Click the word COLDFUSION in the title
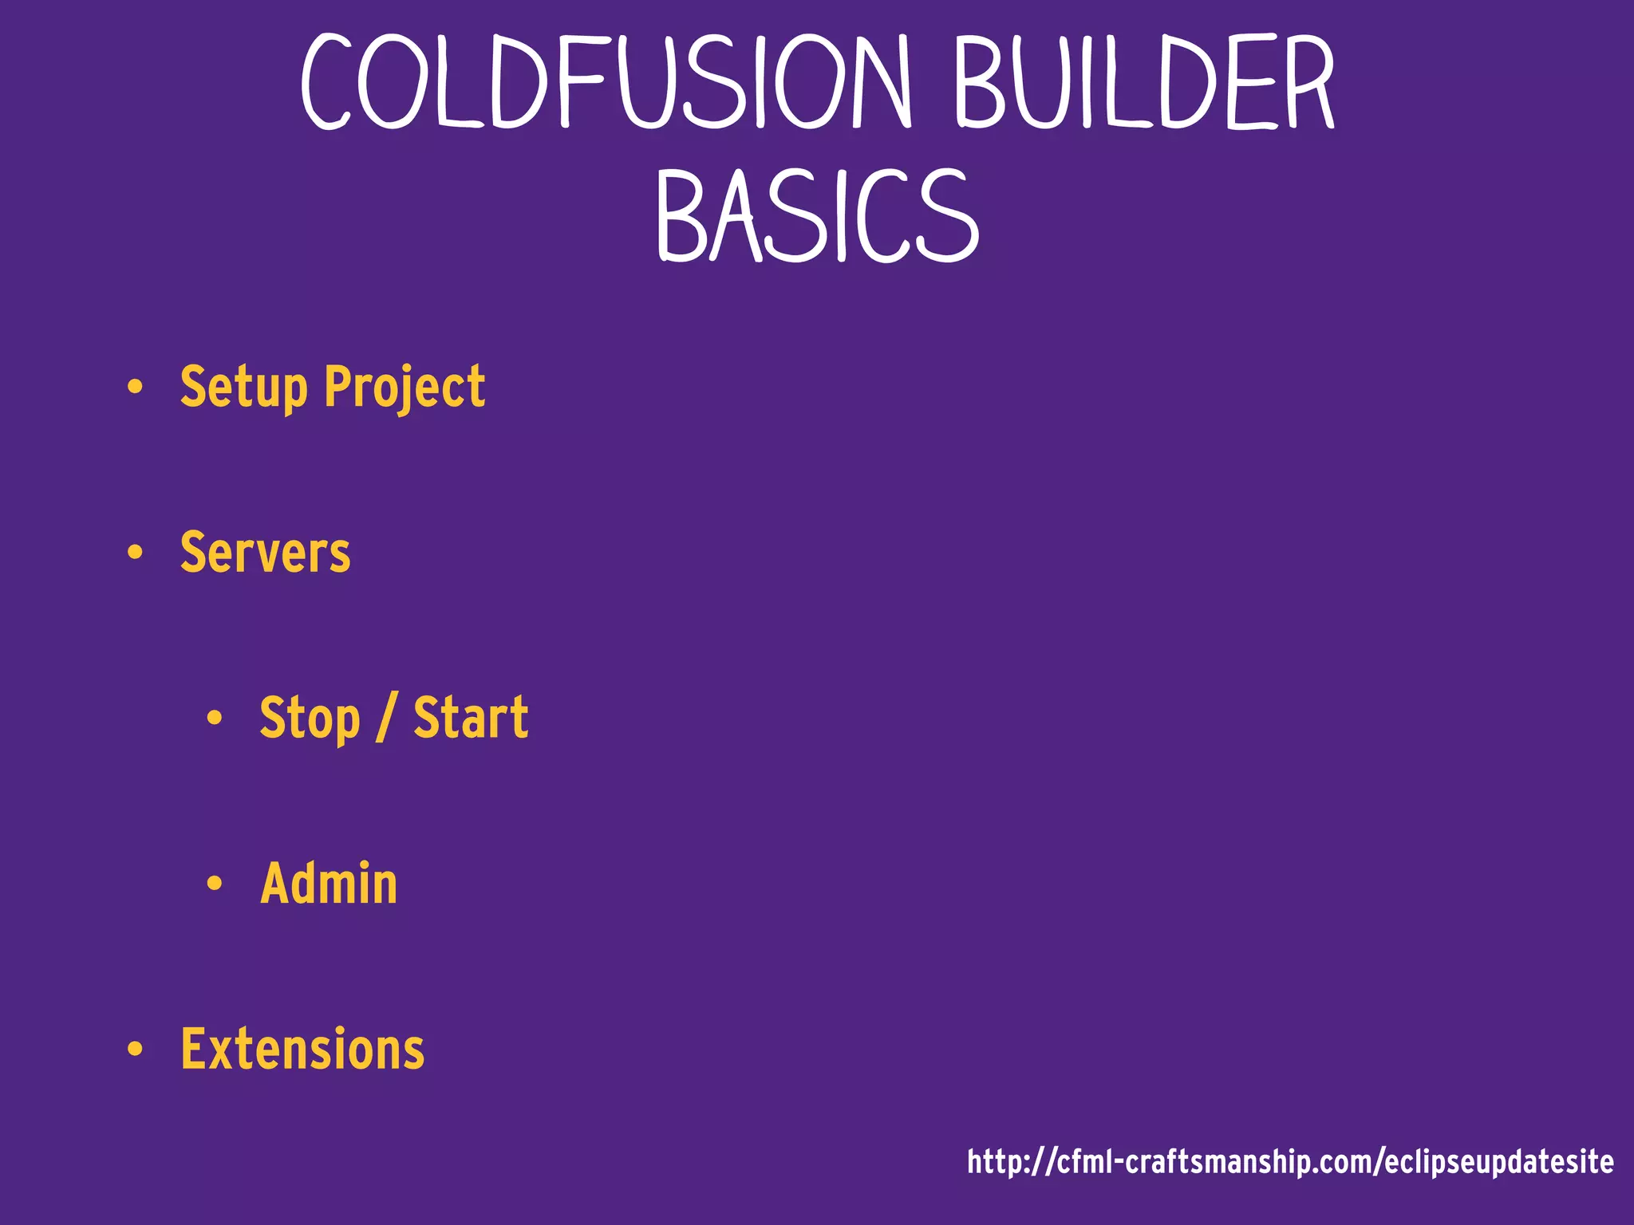click(x=606, y=82)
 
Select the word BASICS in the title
click(x=817, y=216)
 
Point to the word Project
click(x=405, y=388)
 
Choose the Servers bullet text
click(x=265, y=552)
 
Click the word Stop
click(x=310, y=718)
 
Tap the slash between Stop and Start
click(x=386, y=718)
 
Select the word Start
click(x=471, y=718)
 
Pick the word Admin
click(x=329, y=884)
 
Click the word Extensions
click(x=302, y=1049)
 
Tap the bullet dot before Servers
click(x=135, y=553)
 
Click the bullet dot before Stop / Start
click(x=214, y=719)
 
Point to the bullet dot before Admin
click(x=214, y=884)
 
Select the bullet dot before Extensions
click(x=135, y=1050)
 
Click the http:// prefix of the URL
click(x=1010, y=1162)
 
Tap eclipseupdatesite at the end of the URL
click(x=1499, y=1162)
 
